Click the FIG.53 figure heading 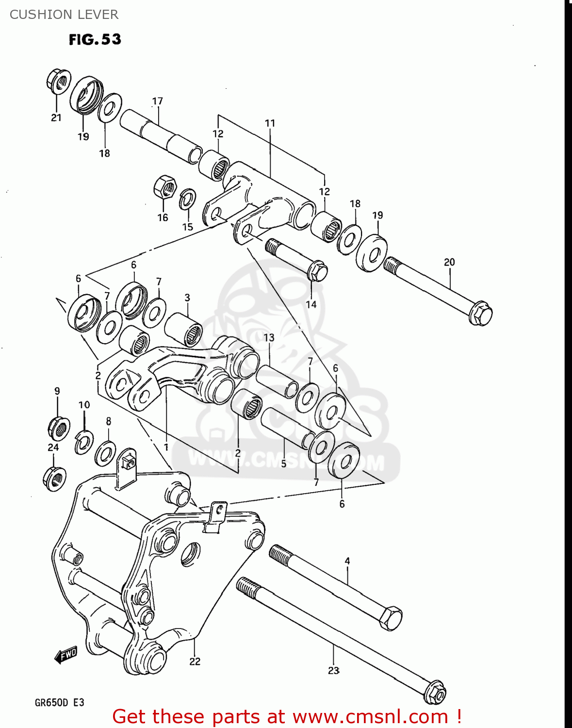click(95, 39)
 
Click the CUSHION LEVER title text click(64, 15)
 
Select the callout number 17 click(158, 101)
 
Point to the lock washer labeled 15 click(187, 199)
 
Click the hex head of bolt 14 click(318, 270)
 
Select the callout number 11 click(270, 123)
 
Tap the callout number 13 click(269, 337)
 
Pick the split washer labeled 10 click(84, 442)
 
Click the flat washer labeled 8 click(105, 453)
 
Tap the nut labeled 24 click(54, 478)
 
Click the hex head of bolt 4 click(390, 618)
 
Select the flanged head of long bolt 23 click(435, 693)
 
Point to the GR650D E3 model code click(59, 703)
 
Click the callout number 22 click(195, 661)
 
